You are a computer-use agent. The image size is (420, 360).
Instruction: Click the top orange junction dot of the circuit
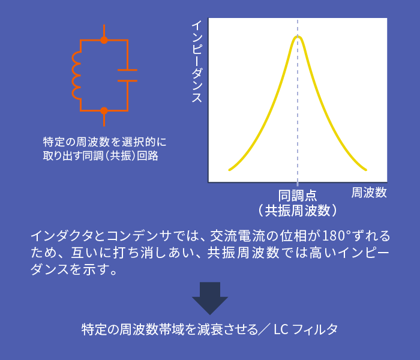click(x=104, y=40)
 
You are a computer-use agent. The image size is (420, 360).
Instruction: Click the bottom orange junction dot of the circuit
click(x=104, y=110)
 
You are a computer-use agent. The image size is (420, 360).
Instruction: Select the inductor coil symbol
click(x=76, y=75)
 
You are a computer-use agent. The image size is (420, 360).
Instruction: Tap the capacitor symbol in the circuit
click(x=127, y=75)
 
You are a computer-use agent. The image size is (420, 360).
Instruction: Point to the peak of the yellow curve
click(x=298, y=37)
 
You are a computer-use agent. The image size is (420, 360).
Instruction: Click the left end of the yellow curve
click(x=229, y=170)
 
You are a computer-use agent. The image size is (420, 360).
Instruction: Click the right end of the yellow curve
click(x=366, y=170)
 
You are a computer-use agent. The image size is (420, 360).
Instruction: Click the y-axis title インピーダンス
click(x=197, y=61)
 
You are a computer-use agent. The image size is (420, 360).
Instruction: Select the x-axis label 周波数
click(x=369, y=193)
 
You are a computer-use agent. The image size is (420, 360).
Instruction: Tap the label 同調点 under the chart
click(x=298, y=196)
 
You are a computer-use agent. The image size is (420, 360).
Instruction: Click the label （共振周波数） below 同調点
click(x=298, y=210)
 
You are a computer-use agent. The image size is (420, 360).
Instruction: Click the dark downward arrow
click(x=210, y=298)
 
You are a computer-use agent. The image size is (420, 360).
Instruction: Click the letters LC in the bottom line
click(x=281, y=329)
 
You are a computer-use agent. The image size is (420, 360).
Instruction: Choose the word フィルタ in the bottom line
click(x=315, y=329)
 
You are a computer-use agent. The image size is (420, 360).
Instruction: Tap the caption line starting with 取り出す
click(x=100, y=155)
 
